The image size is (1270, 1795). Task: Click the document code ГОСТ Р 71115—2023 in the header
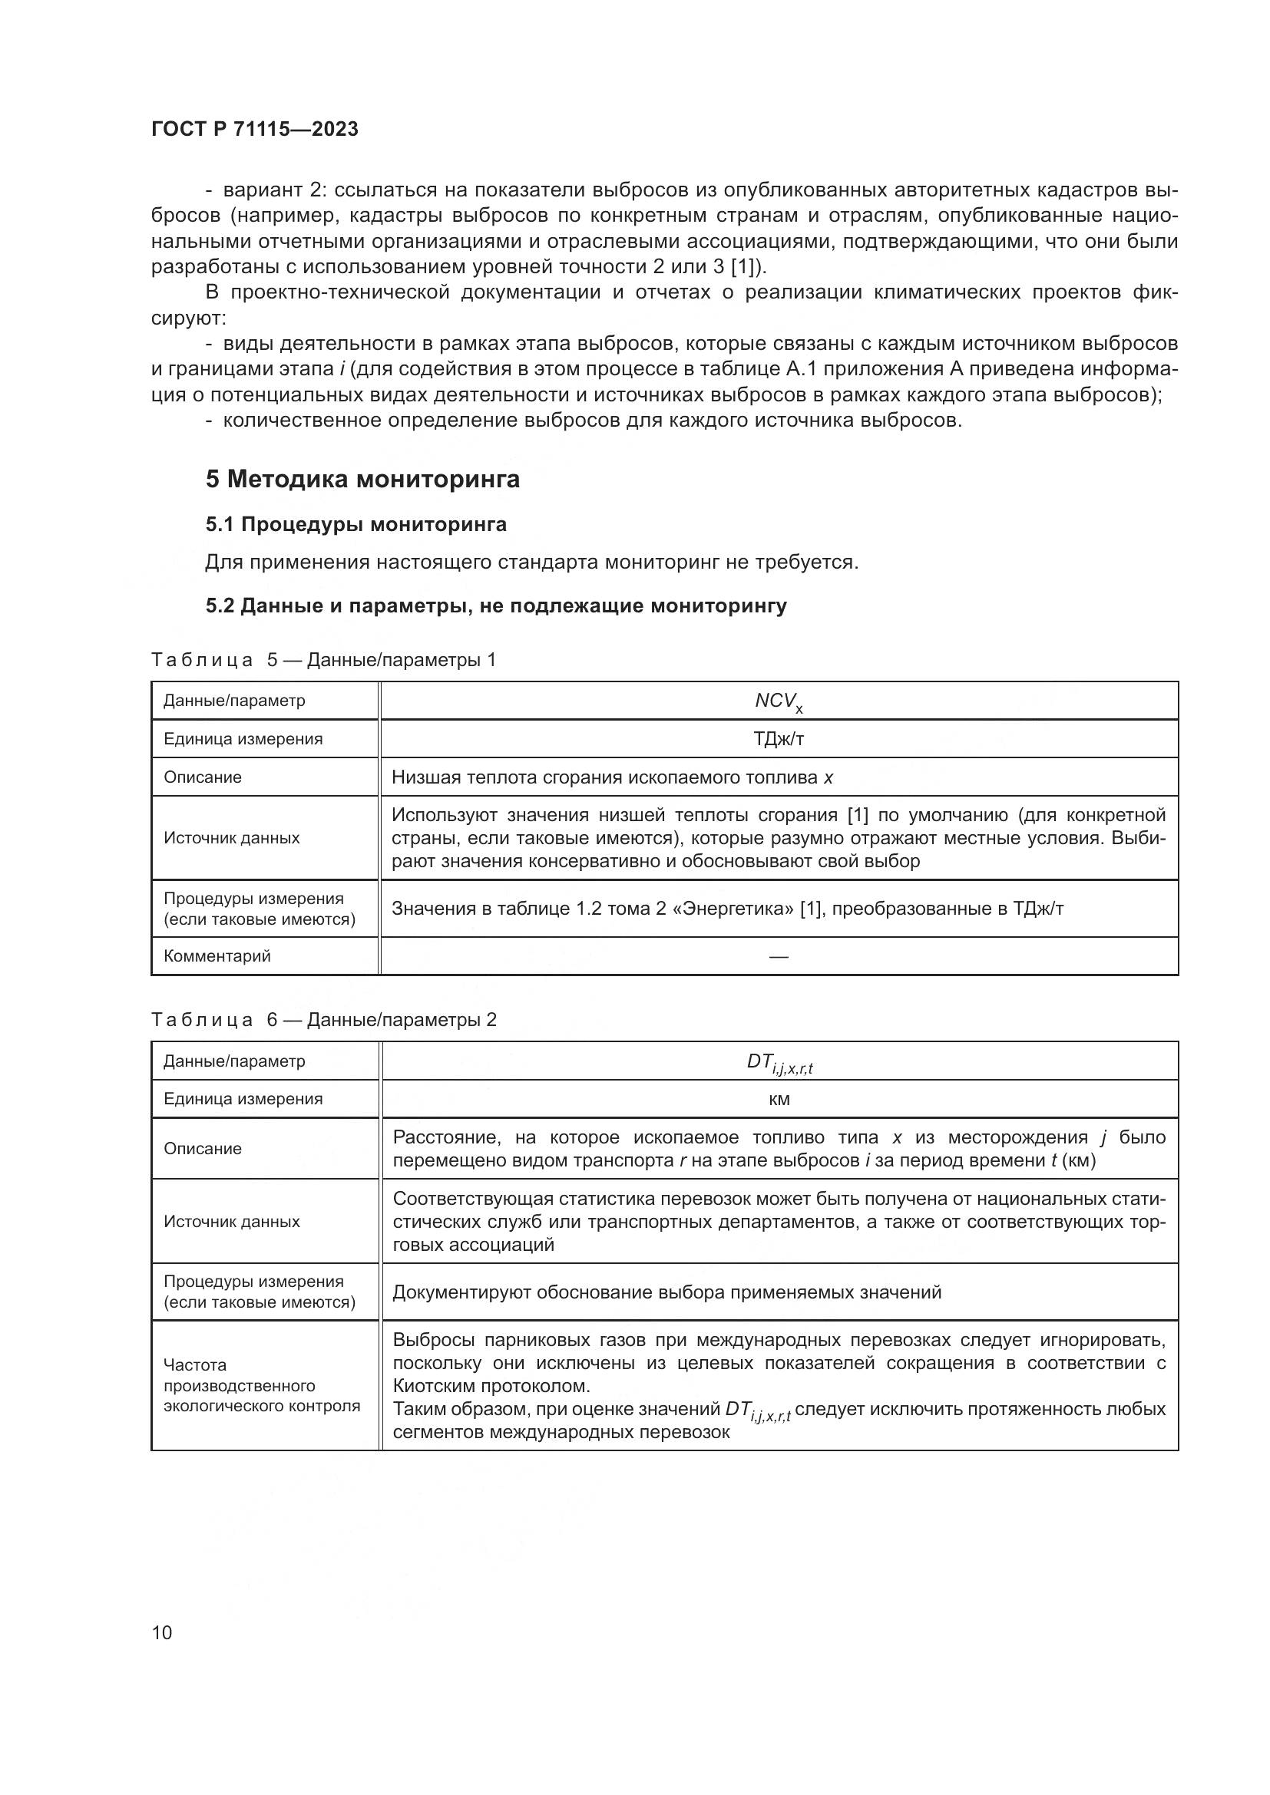pyautogui.click(x=254, y=130)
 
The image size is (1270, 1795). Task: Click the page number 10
pyautogui.click(x=162, y=1632)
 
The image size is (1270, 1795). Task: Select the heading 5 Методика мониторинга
pyautogui.click(x=362, y=478)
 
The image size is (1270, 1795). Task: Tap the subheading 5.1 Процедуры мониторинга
pyautogui.click(x=356, y=525)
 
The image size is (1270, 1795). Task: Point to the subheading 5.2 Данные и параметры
pyautogui.click(x=496, y=606)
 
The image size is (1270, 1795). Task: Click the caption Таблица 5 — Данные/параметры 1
pyautogui.click(x=323, y=660)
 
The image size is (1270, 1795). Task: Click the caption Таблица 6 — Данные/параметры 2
pyautogui.click(x=323, y=1019)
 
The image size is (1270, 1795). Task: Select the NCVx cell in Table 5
pyautogui.click(x=778, y=701)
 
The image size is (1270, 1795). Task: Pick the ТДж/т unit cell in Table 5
pyautogui.click(x=778, y=739)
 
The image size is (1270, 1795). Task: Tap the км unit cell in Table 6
pyautogui.click(x=779, y=1099)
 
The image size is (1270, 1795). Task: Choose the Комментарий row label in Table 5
pyautogui.click(x=217, y=956)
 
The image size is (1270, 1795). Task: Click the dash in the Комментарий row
pyautogui.click(x=778, y=956)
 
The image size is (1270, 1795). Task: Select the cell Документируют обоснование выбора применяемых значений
pyautogui.click(x=666, y=1292)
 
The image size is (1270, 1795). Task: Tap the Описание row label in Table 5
pyautogui.click(x=203, y=777)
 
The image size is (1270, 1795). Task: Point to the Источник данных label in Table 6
pyautogui.click(x=231, y=1221)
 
